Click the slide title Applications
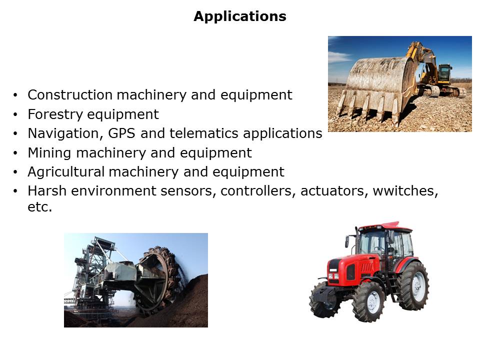pos(240,16)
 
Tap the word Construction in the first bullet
pos(70,95)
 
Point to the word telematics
pos(204,133)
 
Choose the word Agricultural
pos(66,172)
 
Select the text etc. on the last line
pos(40,207)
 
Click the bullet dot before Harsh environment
pos(15,191)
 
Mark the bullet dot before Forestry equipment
pos(15,115)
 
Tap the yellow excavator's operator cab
pos(444,73)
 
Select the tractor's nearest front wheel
pos(368,301)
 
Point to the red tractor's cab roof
pos(385,227)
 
